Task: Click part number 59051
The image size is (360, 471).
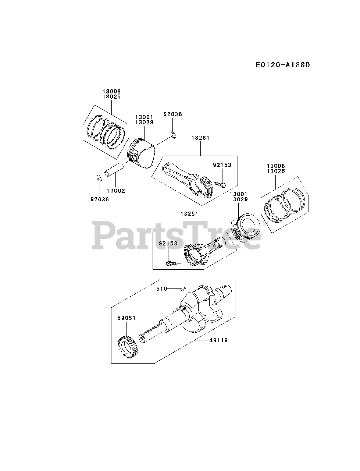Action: (x=127, y=318)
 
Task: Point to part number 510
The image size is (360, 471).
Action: (x=162, y=289)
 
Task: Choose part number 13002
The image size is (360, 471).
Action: (x=116, y=191)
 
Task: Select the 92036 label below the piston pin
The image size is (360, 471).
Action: (x=100, y=199)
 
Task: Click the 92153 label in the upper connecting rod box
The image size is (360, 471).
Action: (x=222, y=165)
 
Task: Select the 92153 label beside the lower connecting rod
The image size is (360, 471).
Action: (x=168, y=243)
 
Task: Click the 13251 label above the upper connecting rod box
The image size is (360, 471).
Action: (x=200, y=138)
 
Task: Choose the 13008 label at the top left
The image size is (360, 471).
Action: (x=111, y=91)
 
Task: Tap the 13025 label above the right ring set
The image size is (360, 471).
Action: (x=276, y=171)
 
